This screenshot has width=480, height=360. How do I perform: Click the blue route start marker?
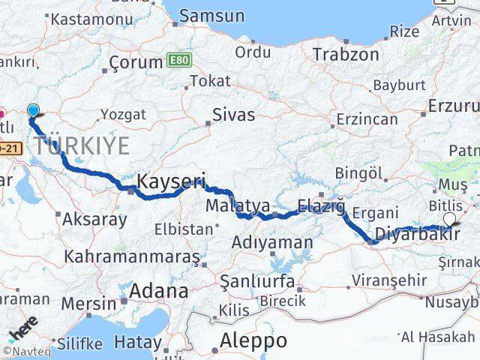tap(33, 111)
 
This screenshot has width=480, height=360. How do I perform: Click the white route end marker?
tap(449, 219)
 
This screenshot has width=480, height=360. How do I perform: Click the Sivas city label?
tap(234, 115)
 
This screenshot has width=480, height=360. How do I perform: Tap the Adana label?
tap(159, 290)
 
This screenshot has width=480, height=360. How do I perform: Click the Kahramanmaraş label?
tap(132, 256)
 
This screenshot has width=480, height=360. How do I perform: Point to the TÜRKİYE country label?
tap(82, 145)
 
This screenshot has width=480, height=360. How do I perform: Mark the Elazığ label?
tap(321, 205)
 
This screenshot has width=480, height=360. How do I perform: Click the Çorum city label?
tap(136, 62)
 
